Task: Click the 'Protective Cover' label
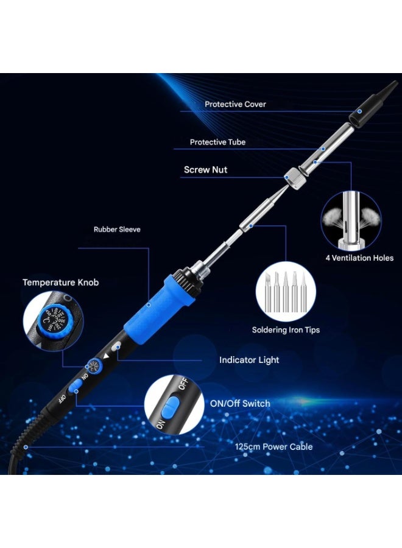(235, 104)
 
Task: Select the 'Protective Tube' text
(217, 142)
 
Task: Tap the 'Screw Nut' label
(205, 170)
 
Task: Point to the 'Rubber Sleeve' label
(117, 230)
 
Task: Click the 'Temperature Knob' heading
(60, 283)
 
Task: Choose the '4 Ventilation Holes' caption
(359, 258)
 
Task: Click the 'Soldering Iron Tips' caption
(286, 330)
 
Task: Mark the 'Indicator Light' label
(249, 360)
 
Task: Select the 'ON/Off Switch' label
(239, 404)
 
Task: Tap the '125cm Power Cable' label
(273, 447)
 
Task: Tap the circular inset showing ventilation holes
(351, 220)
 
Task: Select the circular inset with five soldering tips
(286, 290)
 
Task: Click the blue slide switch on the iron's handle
(76, 387)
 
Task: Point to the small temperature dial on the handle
(93, 365)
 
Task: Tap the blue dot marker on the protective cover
(360, 111)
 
